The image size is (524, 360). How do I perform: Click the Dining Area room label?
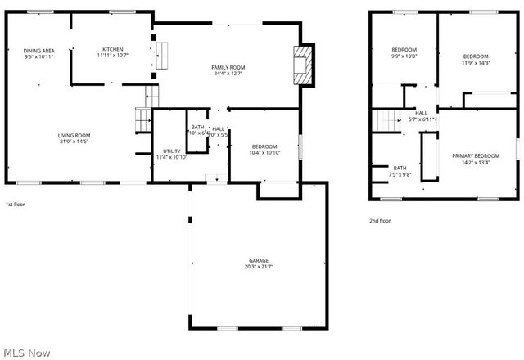[x=38, y=51]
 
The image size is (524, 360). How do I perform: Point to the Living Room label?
[x=74, y=135]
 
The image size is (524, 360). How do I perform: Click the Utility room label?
[x=171, y=151]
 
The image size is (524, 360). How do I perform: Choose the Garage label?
[x=259, y=260]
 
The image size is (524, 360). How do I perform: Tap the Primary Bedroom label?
[x=476, y=155]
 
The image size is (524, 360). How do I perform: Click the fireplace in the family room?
[x=303, y=64]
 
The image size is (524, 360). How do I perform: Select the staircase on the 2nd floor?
[x=386, y=120]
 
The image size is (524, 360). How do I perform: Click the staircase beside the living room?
[x=143, y=119]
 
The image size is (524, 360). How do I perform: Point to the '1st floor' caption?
[x=15, y=205]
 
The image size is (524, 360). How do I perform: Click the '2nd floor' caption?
[x=380, y=221]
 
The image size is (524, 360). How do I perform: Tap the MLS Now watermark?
[x=26, y=353]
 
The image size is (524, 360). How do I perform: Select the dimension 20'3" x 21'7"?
[x=259, y=267]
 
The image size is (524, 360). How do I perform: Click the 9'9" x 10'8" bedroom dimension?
[x=404, y=56]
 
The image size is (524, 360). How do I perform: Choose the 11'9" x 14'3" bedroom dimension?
[x=476, y=62]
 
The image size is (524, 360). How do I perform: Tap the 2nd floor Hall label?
[x=421, y=113]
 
